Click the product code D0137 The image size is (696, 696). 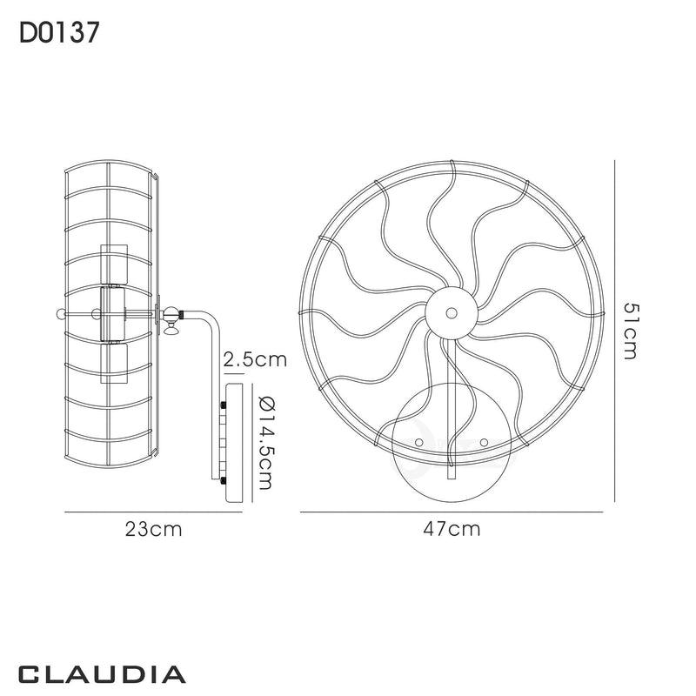pos(58,32)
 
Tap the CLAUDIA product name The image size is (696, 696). pos(101,673)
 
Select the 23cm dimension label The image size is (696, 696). pos(154,529)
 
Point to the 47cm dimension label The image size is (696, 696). pos(452,529)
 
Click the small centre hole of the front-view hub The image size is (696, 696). pos(451,311)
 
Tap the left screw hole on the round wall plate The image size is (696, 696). pos(418,443)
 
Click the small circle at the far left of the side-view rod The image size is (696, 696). pos(60,313)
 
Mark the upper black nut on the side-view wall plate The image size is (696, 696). pos(224,405)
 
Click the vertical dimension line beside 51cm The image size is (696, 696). pos(616,331)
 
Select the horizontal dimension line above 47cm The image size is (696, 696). pos(451,512)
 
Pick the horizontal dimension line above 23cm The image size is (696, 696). pos(153,512)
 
